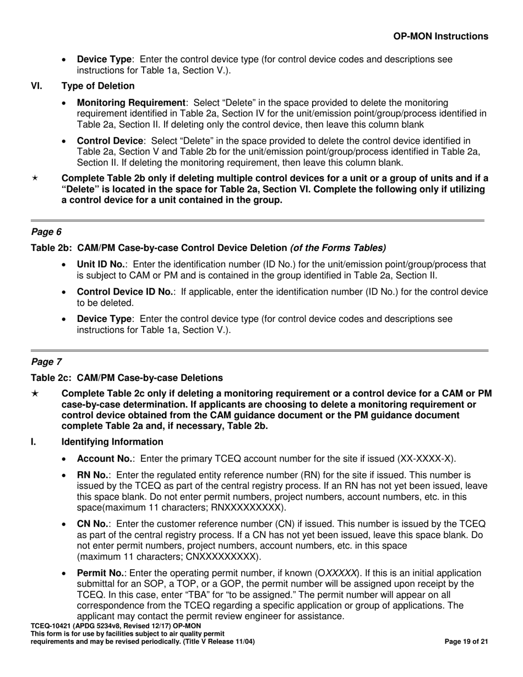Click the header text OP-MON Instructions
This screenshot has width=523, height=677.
coord(440,36)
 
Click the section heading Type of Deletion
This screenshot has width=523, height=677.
coord(97,86)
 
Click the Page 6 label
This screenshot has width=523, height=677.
coord(46,232)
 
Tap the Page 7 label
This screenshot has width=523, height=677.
coord(46,362)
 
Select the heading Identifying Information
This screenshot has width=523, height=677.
coord(112,442)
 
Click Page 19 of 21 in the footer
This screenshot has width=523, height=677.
coord(466,642)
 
